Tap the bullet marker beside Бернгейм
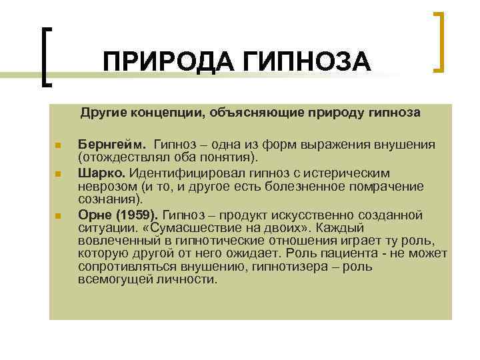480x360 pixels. (58, 146)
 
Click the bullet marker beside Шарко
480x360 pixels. (58, 174)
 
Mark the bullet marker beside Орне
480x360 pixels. (58, 215)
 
